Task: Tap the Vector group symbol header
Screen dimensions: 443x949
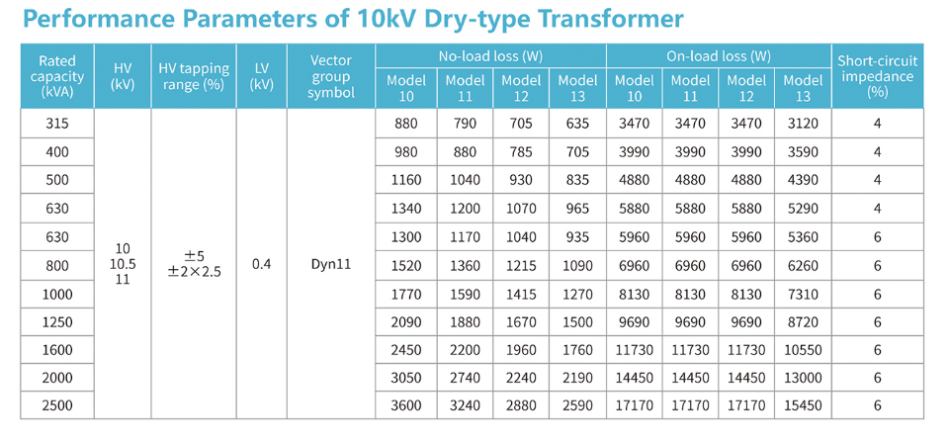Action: point(331,76)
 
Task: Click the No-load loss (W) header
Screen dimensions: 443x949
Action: point(490,56)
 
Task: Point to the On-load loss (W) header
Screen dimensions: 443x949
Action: point(719,56)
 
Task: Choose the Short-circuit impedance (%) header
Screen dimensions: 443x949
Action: point(877,76)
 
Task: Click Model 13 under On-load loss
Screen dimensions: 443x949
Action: point(803,88)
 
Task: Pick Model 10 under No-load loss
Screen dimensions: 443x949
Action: point(406,88)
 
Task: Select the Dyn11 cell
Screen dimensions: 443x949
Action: point(331,265)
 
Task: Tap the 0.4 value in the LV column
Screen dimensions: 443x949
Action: point(262,265)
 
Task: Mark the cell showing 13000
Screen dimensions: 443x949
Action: point(803,379)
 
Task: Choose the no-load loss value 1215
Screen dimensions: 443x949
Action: point(521,265)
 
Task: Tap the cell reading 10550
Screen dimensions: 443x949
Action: point(803,350)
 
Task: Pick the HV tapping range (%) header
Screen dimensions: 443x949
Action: point(194,76)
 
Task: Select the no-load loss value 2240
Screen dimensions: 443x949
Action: point(521,379)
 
